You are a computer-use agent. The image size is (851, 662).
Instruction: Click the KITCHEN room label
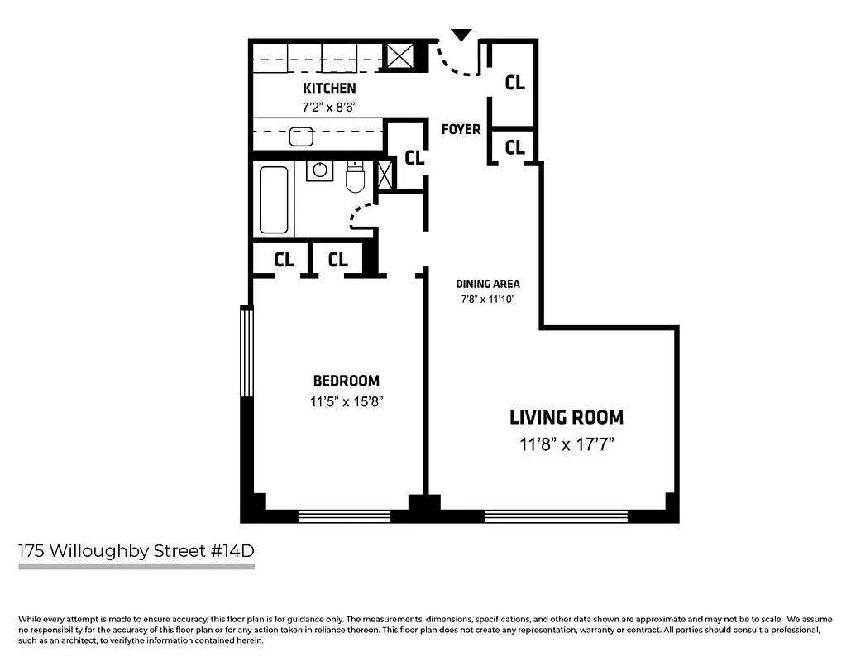(329, 88)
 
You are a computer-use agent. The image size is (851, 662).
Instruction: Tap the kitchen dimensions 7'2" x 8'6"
(329, 106)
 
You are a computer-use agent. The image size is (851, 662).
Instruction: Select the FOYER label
(461, 129)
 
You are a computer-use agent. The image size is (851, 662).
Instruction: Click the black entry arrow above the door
(461, 35)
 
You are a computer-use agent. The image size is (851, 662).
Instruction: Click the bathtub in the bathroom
(274, 200)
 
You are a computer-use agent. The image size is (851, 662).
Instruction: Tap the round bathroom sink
(319, 171)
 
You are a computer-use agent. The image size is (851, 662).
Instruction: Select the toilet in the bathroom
(356, 177)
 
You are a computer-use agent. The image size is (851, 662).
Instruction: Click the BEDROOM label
(346, 381)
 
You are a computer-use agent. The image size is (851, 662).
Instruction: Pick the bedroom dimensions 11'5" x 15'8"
(346, 401)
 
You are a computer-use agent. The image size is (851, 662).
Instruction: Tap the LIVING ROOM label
(566, 417)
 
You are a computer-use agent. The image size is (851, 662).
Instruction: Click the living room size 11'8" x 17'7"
(566, 444)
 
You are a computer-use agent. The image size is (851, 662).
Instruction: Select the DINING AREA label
(488, 284)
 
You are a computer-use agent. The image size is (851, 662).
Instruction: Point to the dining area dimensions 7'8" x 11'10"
(488, 300)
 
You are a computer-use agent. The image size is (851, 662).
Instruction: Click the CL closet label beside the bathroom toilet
(414, 157)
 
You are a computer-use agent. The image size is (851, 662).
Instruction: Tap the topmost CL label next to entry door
(514, 83)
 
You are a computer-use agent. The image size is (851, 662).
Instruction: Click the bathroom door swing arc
(358, 214)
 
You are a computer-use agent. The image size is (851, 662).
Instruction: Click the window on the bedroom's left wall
(246, 352)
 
